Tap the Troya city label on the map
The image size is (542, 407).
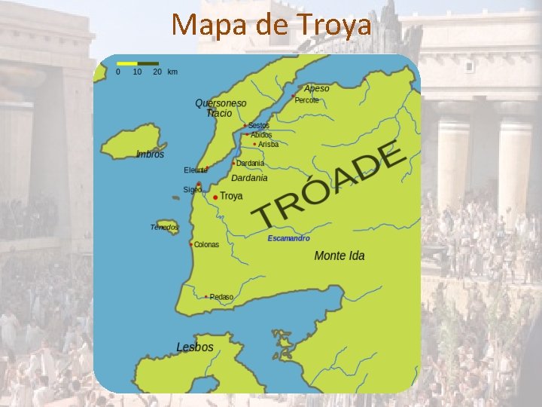(x=231, y=196)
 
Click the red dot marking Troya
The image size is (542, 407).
(x=215, y=197)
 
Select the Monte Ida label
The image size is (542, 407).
(x=339, y=256)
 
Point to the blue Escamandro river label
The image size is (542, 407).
(x=288, y=238)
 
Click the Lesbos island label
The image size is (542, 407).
(x=195, y=347)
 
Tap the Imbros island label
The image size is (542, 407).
(x=150, y=155)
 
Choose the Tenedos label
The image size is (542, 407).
(x=164, y=227)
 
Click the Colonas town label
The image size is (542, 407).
(x=206, y=244)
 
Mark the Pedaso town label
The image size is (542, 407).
(x=221, y=297)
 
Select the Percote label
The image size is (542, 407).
(x=307, y=99)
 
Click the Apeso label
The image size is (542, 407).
(x=317, y=89)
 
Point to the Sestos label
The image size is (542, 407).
(x=259, y=126)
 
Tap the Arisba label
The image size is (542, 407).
(x=268, y=144)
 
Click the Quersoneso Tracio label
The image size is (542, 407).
(x=220, y=108)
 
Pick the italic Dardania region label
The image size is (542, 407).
(x=249, y=179)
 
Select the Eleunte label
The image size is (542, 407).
(x=194, y=170)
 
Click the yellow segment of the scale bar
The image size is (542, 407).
(x=127, y=63)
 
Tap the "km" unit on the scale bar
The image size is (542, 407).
(x=172, y=72)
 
